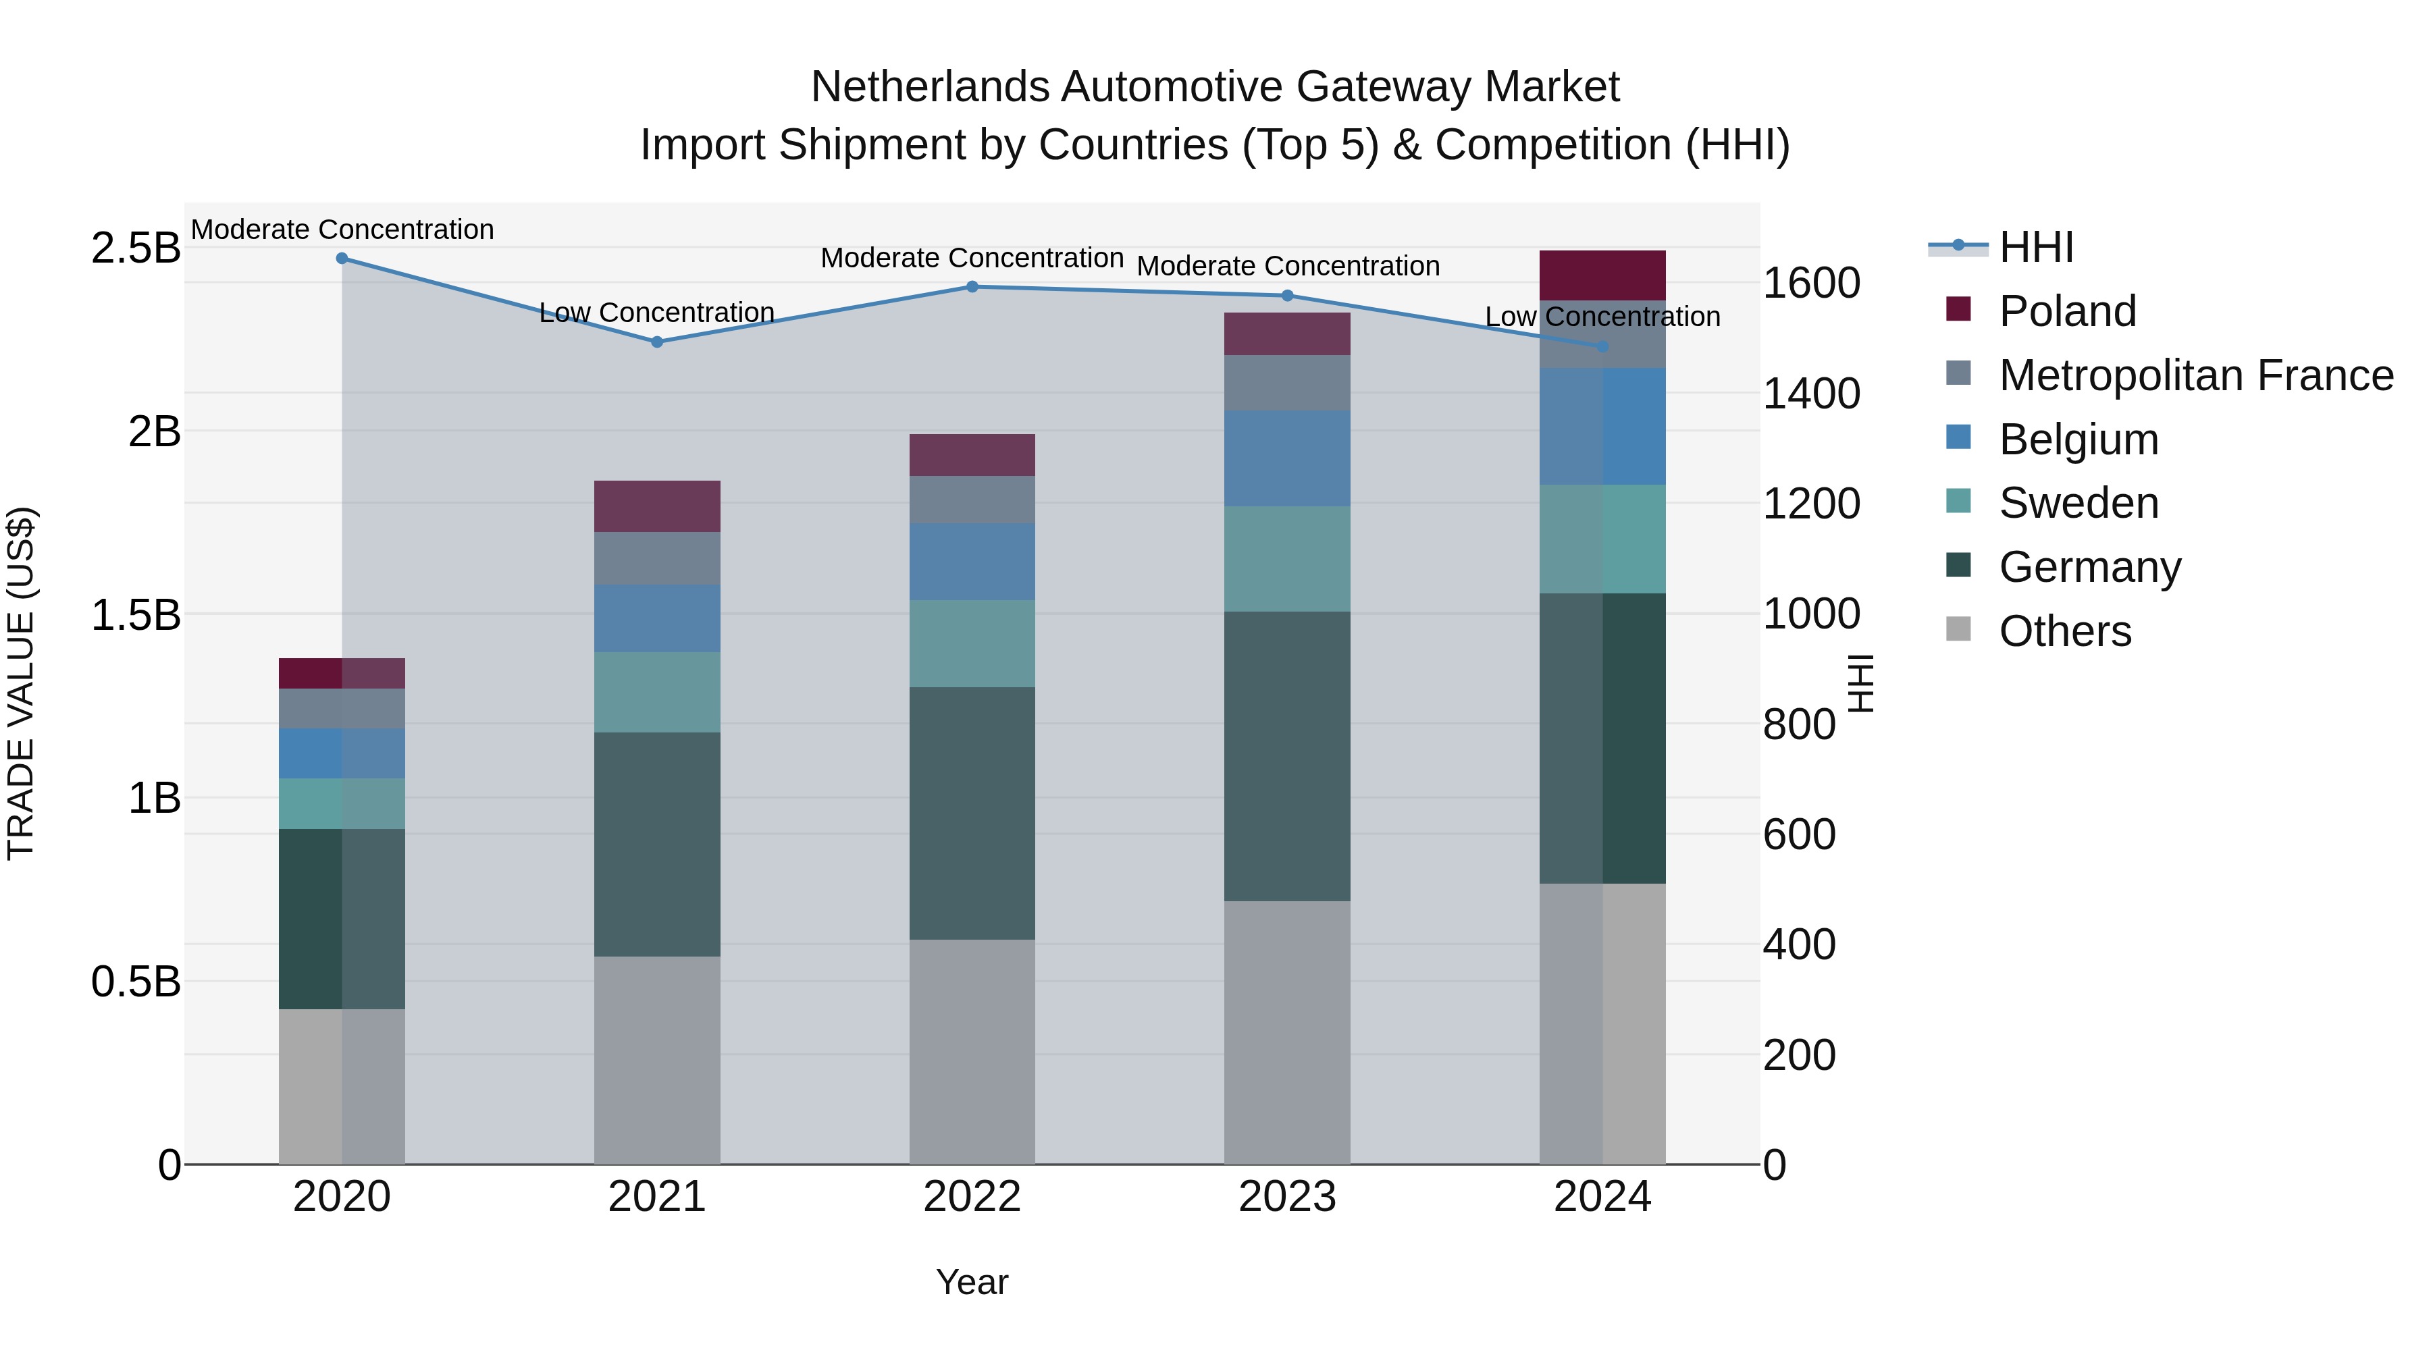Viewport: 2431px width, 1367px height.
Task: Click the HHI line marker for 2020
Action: click(x=342, y=258)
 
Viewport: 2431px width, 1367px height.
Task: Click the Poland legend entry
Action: click(x=2067, y=311)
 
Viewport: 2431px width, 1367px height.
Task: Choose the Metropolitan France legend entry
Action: click(x=2195, y=375)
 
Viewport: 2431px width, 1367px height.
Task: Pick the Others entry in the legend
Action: click(x=2065, y=631)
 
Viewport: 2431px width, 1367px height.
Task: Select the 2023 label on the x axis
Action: click(x=1286, y=1197)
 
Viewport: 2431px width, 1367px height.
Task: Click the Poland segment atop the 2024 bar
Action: click(x=1602, y=275)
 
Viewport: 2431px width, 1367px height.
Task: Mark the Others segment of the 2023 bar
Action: click(x=1286, y=1032)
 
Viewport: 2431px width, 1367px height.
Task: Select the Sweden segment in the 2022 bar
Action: click(x=972, y=643)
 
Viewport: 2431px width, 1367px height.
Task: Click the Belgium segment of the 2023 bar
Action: click(x=1286, y=458)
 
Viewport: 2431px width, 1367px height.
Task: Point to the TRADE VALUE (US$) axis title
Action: click(x=21, y=683)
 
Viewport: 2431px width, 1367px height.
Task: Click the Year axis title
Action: click(x=972, y=1282)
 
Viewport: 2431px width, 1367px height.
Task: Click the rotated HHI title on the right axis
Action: click(x=1859, y=683)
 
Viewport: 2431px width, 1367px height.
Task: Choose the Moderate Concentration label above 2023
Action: click(x=1287, y=266)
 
